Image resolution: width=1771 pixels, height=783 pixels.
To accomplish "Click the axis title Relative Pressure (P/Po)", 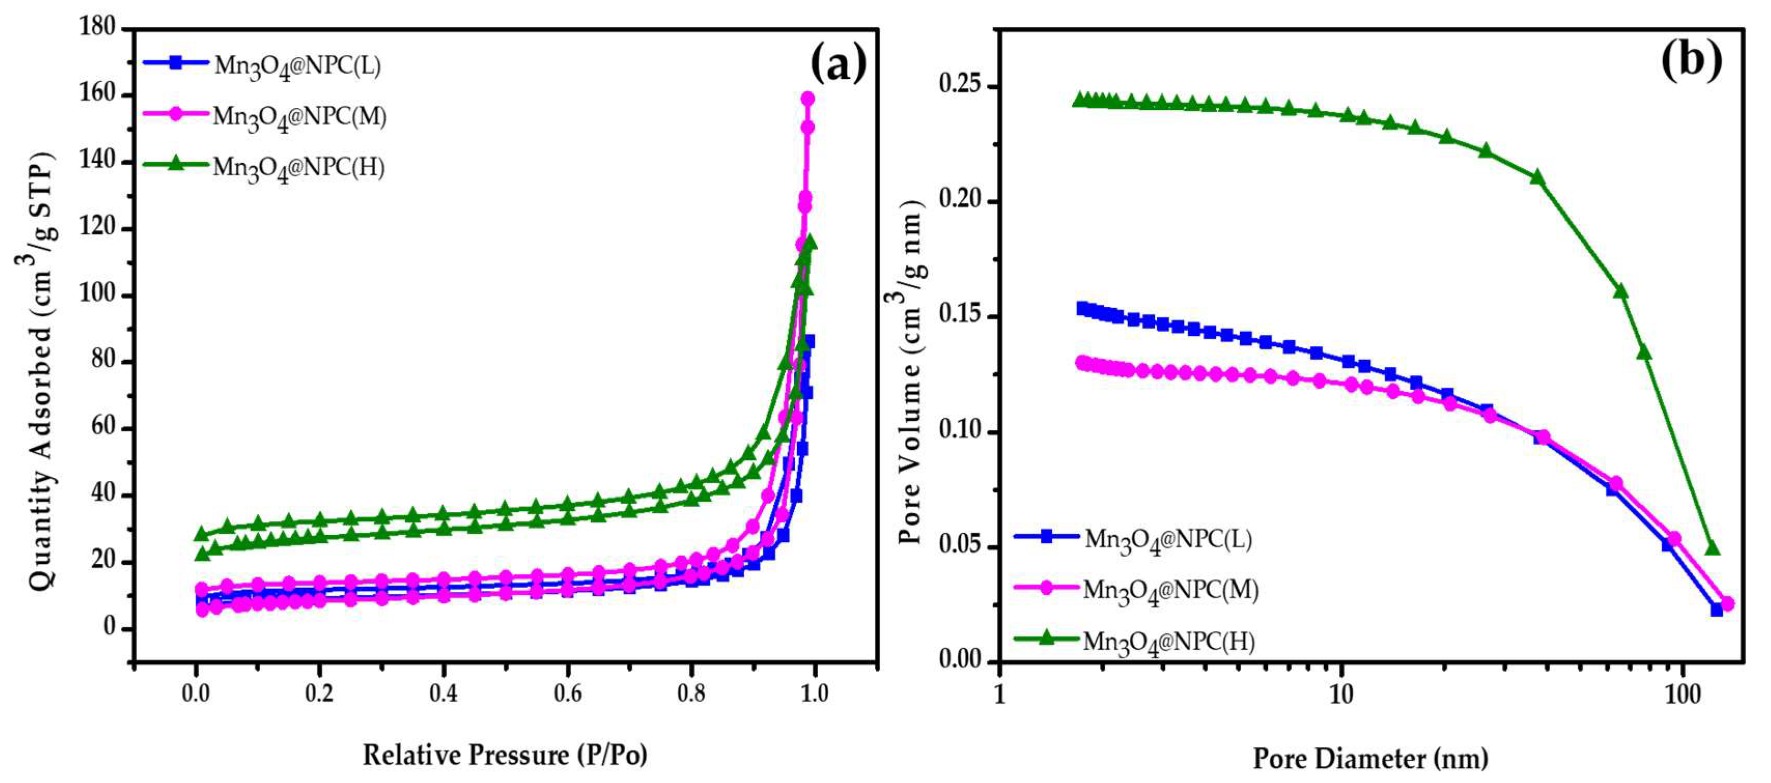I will (x=505, y=755).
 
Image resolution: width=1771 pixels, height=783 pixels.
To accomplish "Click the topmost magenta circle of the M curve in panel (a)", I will (x=808, y=98).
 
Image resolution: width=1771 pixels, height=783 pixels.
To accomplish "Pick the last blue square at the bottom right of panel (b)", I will (x=1716, y=610).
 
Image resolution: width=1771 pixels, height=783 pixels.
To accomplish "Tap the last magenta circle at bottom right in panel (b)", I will (x=1727, y=604).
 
